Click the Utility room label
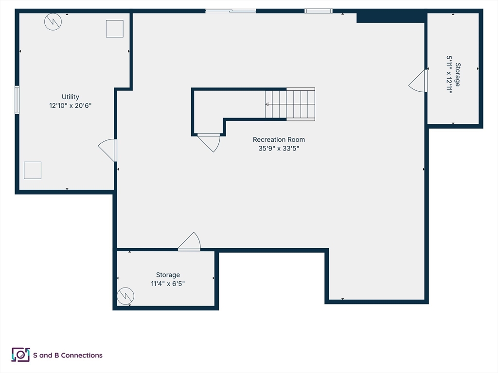[x=70, y=97]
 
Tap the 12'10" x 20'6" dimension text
[x=70, y=105]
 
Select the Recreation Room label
[x=279, y=139]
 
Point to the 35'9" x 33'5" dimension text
[x=279, y=149]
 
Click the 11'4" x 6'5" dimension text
[x=168, y=284]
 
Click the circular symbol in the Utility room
[x=53, y=22]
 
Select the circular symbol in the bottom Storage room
[x=125, y=296]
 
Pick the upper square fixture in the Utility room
[x=115, y=29]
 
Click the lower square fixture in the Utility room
[x=33, y=170]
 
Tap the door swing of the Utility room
[x=107, y=151]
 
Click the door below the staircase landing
[x=209, y=143]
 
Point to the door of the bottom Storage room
[x=189, y=242]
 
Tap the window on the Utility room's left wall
[x=17, y=100]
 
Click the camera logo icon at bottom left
[x=20, y=355]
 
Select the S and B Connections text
[x=68, y=355]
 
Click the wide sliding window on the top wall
[x=231, y=11]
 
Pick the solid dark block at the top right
[x=391, y=16]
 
